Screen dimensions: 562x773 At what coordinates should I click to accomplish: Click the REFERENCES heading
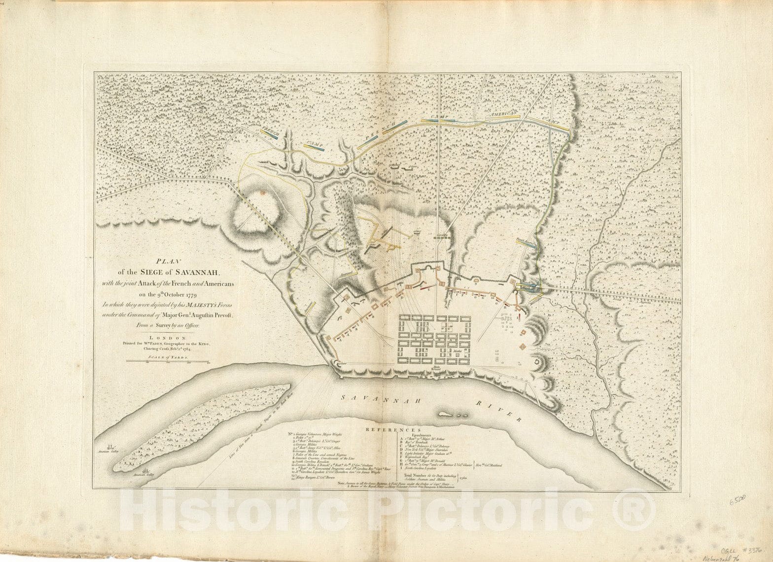pos(393,430)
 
